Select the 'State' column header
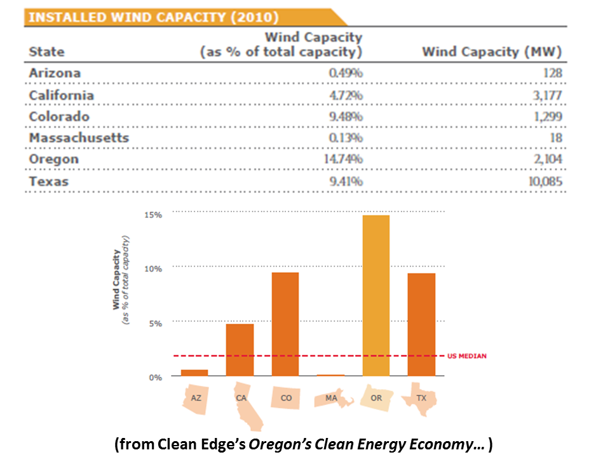pos(46,52)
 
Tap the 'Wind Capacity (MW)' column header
pos(491,52)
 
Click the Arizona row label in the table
pos(55,73)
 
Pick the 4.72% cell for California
pos(346,96)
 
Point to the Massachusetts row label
pos(79,138)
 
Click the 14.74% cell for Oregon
pos(343,159)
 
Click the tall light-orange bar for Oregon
pos(376,295)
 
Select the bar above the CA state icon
pos(240,350)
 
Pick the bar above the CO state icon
pos(285,324)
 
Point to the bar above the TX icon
pos(421,324)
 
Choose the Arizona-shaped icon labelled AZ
pos(196,399)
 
